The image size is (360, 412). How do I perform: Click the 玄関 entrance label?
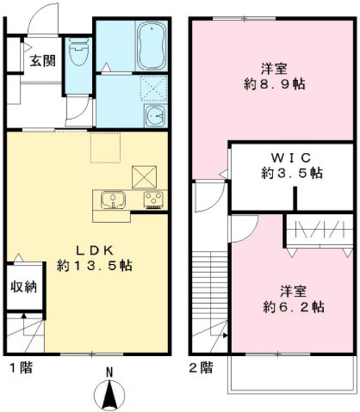42,62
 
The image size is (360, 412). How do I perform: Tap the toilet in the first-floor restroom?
77,54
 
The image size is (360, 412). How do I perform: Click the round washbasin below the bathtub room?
155,116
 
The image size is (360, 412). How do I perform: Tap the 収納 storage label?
24,286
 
